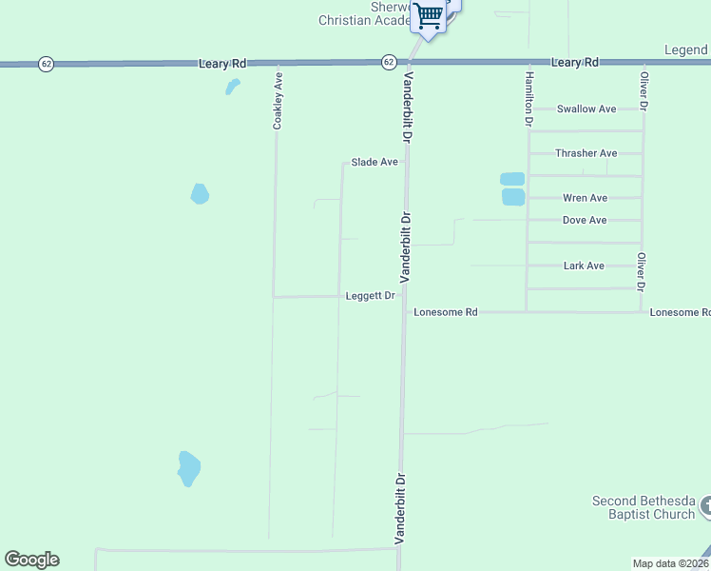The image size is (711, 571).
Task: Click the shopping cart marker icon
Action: pyautogui.click(x=429, y=15)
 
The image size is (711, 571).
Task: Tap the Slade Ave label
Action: pyautogui.click(x=375, y=162)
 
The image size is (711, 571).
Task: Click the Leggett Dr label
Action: pyautogui.click(x=371, y=296)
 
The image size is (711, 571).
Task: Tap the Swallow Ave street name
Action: pyautogui.click(x=587, y=108)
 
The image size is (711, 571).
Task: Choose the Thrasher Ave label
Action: pyautogui.click(x=586, y=153)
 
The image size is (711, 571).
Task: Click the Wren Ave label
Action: pyautogui.click(x=586, y=198)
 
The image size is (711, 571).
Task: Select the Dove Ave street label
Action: pyautogui.click(x=585, y=220)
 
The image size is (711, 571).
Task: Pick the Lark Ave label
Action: pyautogui.click(x=584, y=266)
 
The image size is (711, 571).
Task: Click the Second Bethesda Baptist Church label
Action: pyautogui.click(x=644, y=507)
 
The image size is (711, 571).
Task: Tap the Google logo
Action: pyautogui.click(x=31, y=560)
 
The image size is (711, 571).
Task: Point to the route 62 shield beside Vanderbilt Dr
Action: pyautogui.click(x=389, y=62)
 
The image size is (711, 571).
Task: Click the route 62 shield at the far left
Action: pyautogui.click(x=46, y=64)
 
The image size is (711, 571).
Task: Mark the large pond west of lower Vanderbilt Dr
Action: pyautogui.click(x=189, y=467)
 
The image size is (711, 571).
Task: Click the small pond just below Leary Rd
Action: pyautogui.click(x=232, y=87)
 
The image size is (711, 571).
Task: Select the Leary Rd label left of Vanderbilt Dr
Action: pyautogui.click(x=223, y=63)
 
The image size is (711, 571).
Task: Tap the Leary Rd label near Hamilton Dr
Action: pyautogui.click(x=576, y=62)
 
